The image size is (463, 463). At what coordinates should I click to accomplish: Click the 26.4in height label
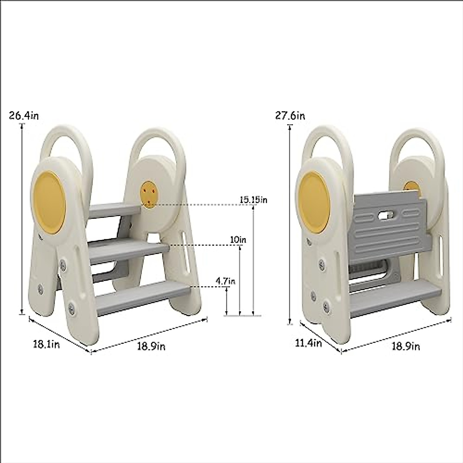[24, 116]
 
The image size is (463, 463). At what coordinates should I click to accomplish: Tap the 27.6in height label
[290, 116]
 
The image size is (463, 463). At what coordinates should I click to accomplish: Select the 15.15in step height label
[253, 199]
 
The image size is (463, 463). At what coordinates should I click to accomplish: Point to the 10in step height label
[238, 240]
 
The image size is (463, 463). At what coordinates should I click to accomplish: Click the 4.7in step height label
[225, 281]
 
